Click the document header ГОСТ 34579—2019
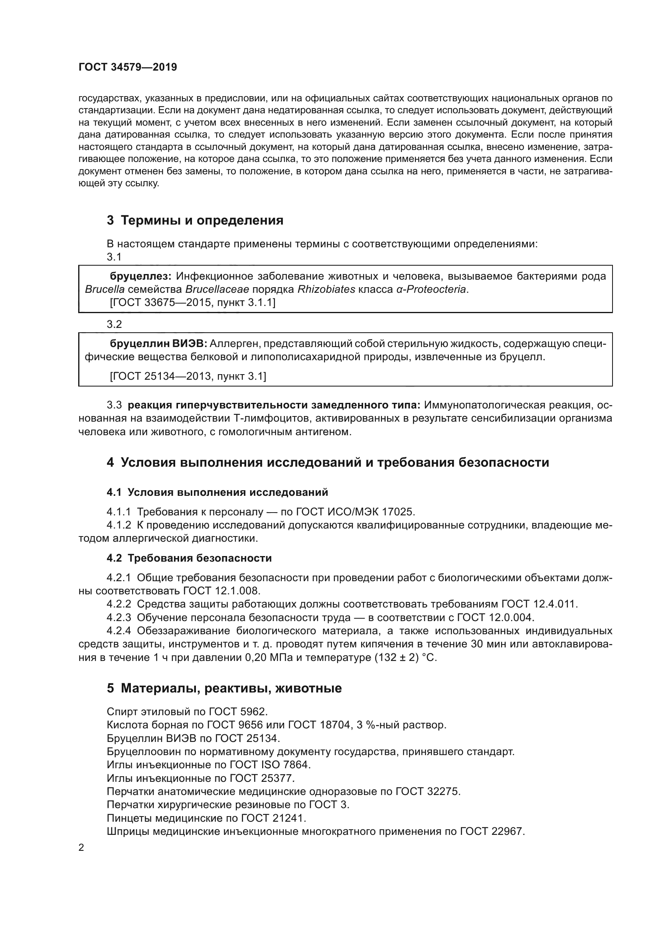click(x=128, y=67)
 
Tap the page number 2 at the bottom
click(x=81, y=848)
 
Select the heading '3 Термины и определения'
click(x=195, y=220)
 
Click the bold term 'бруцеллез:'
click(x=140, y=276)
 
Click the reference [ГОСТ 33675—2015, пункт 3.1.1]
click(x=193, y=302)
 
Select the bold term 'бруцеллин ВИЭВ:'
click(x=158, y=344)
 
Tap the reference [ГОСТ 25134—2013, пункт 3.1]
click(x=188, y=376)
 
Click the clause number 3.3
click(x=114, y=405)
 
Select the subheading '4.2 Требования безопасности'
click(x=189, y=558)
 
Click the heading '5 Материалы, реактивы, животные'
click(x=224, y=688)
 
